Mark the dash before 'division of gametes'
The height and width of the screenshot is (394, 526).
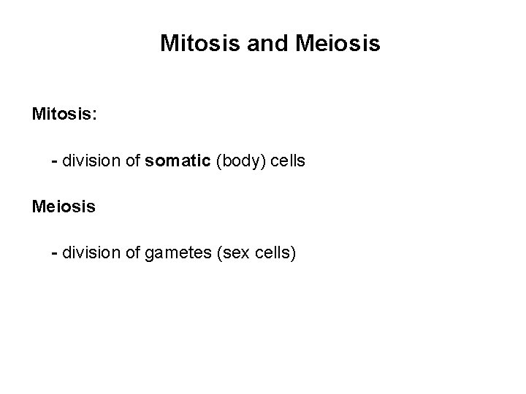(x=54, y=254)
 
